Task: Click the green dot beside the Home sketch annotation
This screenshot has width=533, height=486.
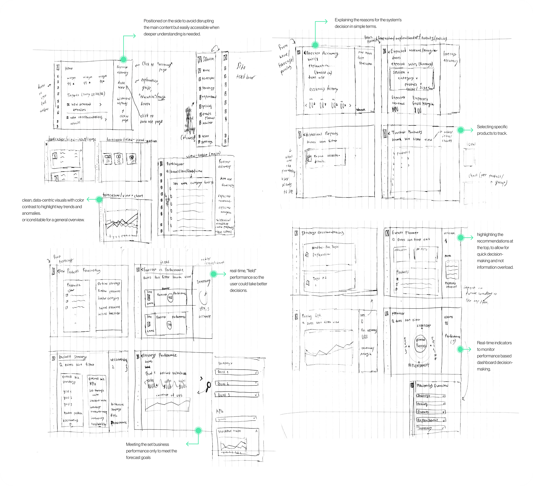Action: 123,59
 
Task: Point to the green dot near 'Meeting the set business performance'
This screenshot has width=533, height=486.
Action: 198,431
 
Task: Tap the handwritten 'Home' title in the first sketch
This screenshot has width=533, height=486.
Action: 69,68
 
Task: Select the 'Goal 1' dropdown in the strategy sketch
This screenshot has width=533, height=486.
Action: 237,372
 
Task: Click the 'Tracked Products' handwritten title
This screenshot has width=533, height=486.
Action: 407,132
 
